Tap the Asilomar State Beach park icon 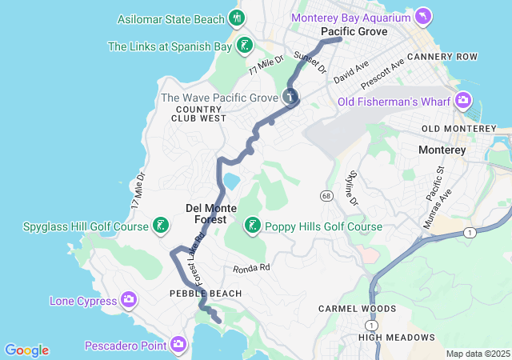[x=236, y=18]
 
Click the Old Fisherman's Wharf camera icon [x=462, y=101]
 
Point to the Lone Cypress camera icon [x=130, y=301]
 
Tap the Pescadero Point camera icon [x=178, y=345]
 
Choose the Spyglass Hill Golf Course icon [x=162, y=226]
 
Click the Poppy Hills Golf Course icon [x=253, y=226]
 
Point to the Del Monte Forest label [x=206, y=213]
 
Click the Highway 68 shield [x=326, y=196]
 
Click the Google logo [x=26, y=350]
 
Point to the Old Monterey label [x=459, y=129]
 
